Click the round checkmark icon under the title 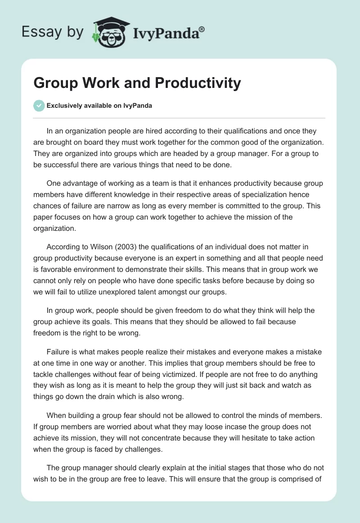click(x=39, y=106)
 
